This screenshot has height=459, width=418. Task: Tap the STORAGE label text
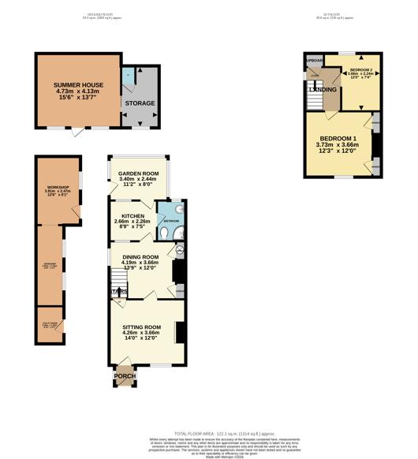140,103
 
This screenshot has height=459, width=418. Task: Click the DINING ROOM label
140,257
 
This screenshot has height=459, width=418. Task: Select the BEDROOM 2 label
360,69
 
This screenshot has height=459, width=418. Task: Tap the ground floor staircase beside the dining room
118,280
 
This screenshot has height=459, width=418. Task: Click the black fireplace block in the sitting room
178,332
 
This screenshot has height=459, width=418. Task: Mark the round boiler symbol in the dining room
178,251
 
